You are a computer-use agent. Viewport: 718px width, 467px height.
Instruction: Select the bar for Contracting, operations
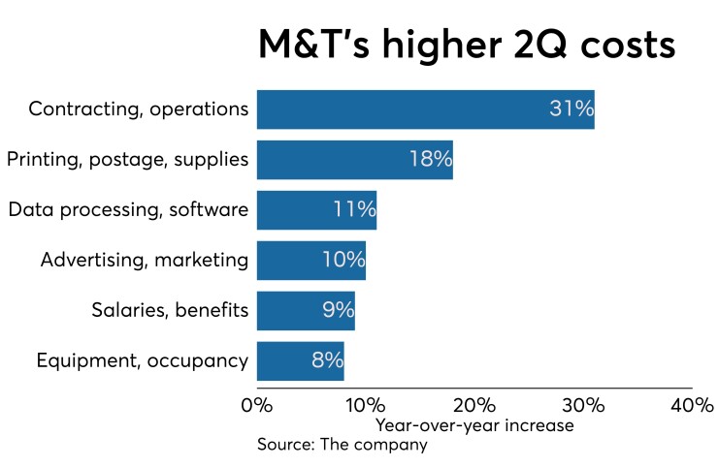pos(425,109)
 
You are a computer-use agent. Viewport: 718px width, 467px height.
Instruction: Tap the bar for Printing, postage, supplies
pos(354,160)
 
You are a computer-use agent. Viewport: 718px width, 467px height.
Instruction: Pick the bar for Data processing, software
pos(316,210)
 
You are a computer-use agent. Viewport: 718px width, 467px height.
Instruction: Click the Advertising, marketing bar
pos(310,261)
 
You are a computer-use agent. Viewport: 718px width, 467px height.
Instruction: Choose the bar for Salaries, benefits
pos(306,311)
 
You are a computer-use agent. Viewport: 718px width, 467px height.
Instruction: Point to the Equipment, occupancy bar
pos(300,361)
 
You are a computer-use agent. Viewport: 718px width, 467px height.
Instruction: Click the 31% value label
pos(571,109)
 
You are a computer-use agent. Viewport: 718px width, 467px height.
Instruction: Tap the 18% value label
pos(429,160)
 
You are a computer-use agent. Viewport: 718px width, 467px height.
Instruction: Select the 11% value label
pos(353,210)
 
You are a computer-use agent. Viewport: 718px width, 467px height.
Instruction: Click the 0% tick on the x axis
pos(257,405)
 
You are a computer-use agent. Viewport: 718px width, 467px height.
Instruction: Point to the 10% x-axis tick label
pos(366,405)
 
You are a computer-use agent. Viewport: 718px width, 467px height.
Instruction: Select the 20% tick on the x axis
pos(474,405)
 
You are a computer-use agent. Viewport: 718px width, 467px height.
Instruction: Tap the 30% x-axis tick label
pos(583,405)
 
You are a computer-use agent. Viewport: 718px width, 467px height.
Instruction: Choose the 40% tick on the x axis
pos(692,405)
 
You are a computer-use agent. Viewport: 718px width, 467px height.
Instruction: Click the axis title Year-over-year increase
pos(474,425)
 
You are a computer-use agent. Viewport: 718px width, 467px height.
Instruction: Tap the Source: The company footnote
pos(342,445)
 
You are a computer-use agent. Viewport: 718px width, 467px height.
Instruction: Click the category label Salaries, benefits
pos(170,311)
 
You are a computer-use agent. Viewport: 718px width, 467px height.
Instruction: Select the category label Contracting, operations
pos(139,109)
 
